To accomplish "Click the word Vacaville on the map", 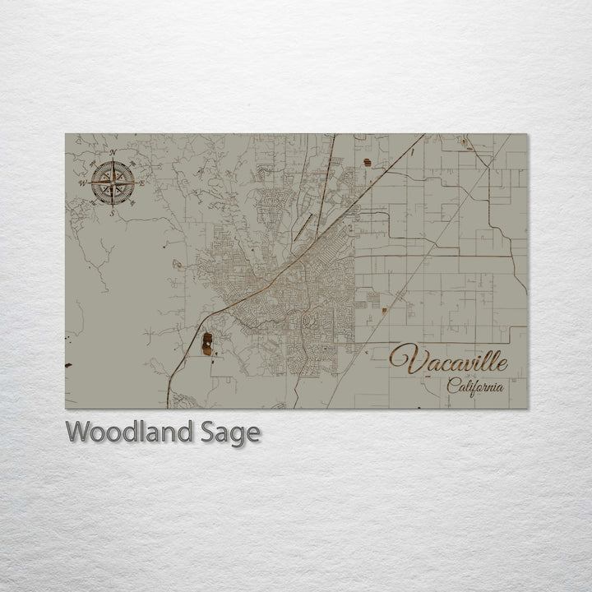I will pyautogui.click(x=449, y=361).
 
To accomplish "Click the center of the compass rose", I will pyautogui.click(x=113, y=183).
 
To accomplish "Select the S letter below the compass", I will pyautogui.click(x=113, y=212).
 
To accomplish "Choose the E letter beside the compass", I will pyautogui.click(x=142, y=183).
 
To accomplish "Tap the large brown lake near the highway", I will pyautogui.click(x=206, y=343).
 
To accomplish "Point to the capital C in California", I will pyautogui.click(x=453, y=385).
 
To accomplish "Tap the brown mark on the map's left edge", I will pyautogui.click(x=68, y=365).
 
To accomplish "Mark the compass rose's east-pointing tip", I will pyautogui.click(x=135, y=183).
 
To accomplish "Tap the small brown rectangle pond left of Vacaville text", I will pyautogui.click(x=384, y=311).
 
